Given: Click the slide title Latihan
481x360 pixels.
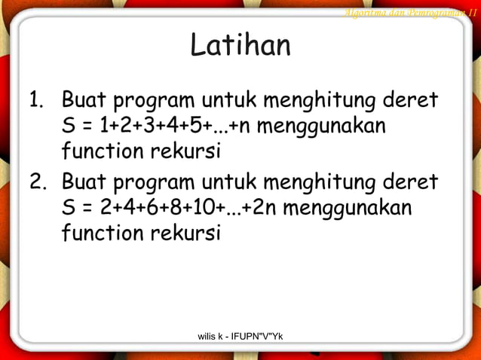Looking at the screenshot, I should [x=240, y=46].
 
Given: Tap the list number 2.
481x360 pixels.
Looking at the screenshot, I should [x=36, y=182].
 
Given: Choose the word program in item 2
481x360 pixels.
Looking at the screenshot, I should [x=150, y=183].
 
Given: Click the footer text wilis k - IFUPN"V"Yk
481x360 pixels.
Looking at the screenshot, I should [x=240, y=334].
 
